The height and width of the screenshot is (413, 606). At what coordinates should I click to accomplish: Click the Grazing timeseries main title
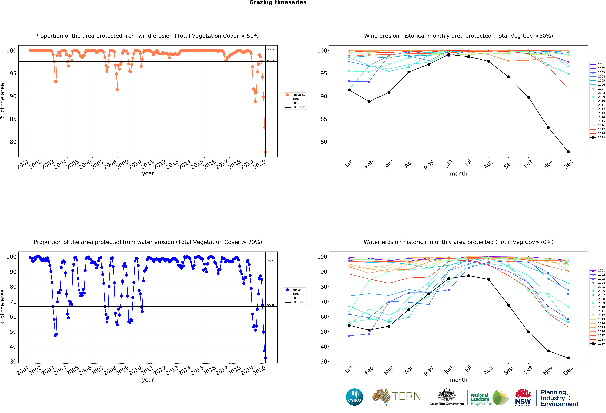(x=278, y=3)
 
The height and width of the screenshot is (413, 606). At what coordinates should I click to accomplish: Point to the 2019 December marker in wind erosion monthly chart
(x=568, y=152)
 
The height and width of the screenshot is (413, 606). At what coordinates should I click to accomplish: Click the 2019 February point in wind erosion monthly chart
(x=369, y=101)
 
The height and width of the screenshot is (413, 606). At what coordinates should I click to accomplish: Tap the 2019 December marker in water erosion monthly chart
(x=568, y=358)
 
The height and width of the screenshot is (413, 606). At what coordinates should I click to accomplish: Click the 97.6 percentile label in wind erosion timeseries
(x=270, y=60)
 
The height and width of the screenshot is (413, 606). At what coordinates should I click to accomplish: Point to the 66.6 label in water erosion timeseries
(x=270, y=305)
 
